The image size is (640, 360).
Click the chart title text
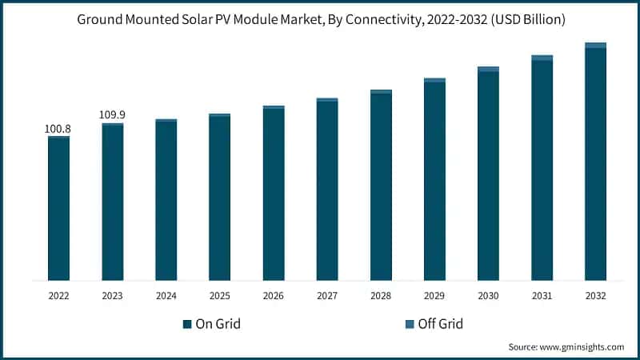point(320,20)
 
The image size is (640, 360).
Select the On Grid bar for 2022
point(58,210)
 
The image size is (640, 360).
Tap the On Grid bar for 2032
point(595,164)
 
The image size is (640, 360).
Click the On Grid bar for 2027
point(327,191)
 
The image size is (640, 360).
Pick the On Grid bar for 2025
point(220,199)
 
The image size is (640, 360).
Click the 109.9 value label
point(112,115)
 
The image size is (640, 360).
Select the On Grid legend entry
point(211,324)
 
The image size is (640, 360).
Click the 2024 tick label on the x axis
point(166,295)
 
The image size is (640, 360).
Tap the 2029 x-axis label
point(434,295)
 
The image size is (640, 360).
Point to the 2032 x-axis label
point(595,295)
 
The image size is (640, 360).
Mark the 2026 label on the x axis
point(274,295)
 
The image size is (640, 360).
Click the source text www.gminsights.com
point(566,347)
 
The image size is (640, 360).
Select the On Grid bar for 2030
point(488,176)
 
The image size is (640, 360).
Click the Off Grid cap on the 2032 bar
point(595,46)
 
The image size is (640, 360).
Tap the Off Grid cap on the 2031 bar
point(542,58)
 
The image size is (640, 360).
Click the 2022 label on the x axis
point(58,295)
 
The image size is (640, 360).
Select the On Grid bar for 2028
point(381,187)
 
